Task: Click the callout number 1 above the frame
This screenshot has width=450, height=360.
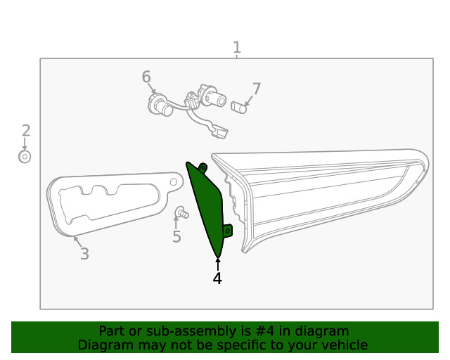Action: tap(237, 48)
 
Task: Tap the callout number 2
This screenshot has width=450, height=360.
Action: tap(26, 130)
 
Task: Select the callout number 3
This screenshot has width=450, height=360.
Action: tap(84, 254)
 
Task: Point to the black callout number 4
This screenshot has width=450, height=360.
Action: tap(217, 278)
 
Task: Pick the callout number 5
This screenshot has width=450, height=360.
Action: tap(176, 237)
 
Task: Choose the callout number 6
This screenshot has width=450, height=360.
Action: tap(146, 77)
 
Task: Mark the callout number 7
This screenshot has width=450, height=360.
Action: tap(256, 89)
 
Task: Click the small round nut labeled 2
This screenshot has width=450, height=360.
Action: tap(25, 157)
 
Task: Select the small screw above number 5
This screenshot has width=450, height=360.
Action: tap(181, 212)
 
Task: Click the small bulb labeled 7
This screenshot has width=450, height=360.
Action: tap(239, 108)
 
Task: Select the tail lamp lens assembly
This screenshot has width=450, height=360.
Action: tap(330, 190)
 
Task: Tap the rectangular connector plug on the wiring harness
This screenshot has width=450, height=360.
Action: tap(221, 131)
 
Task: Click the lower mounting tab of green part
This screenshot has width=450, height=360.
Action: tap(227, 230)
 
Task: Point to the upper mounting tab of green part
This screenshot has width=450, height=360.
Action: tap(202, 167)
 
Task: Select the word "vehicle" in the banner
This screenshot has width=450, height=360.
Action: tap(344, 345)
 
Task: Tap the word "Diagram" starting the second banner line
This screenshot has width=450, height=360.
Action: tap(103, 345)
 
